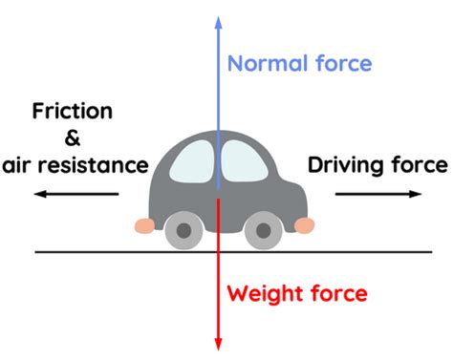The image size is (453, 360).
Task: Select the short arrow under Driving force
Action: pos(377,194)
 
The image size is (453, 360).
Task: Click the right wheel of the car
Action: pos(259,230)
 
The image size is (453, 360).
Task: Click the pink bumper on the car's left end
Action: pos(144,226)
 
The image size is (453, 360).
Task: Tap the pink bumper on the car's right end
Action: pos(304,225)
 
